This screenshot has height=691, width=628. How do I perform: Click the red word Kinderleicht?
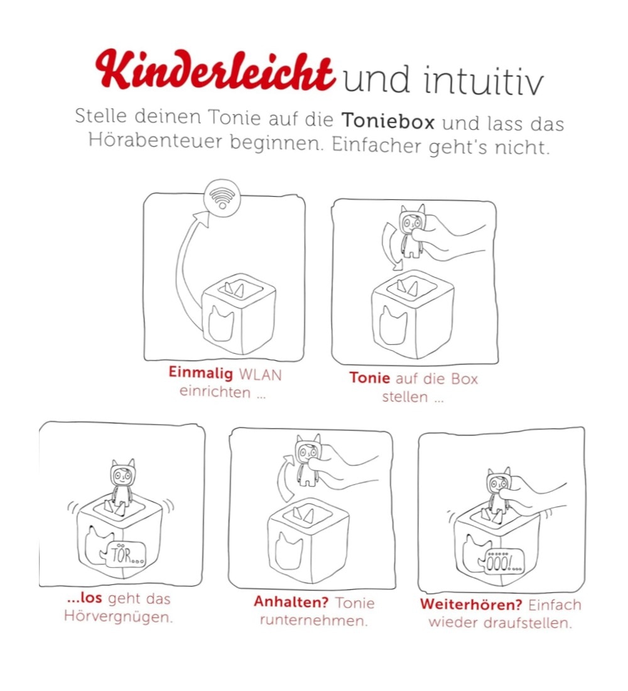pos(215,70)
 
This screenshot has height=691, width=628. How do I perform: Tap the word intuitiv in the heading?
pos(484,80)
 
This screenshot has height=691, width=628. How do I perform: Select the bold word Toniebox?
pos(388,121)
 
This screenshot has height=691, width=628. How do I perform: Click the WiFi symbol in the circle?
pos(222,198)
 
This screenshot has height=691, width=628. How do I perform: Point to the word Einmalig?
pos(200,373)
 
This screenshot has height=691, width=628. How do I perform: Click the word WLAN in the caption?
pos(260,375)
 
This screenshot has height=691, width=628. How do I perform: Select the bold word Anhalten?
pos(291,602)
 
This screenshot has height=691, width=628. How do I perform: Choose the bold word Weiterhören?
pos(471,604)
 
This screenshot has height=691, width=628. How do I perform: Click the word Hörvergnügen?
pos(118,616)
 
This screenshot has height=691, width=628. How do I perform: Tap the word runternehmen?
pos(313,621)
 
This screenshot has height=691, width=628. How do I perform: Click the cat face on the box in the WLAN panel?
pos(221,324)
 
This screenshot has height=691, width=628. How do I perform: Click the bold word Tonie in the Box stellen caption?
pos(370,378)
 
